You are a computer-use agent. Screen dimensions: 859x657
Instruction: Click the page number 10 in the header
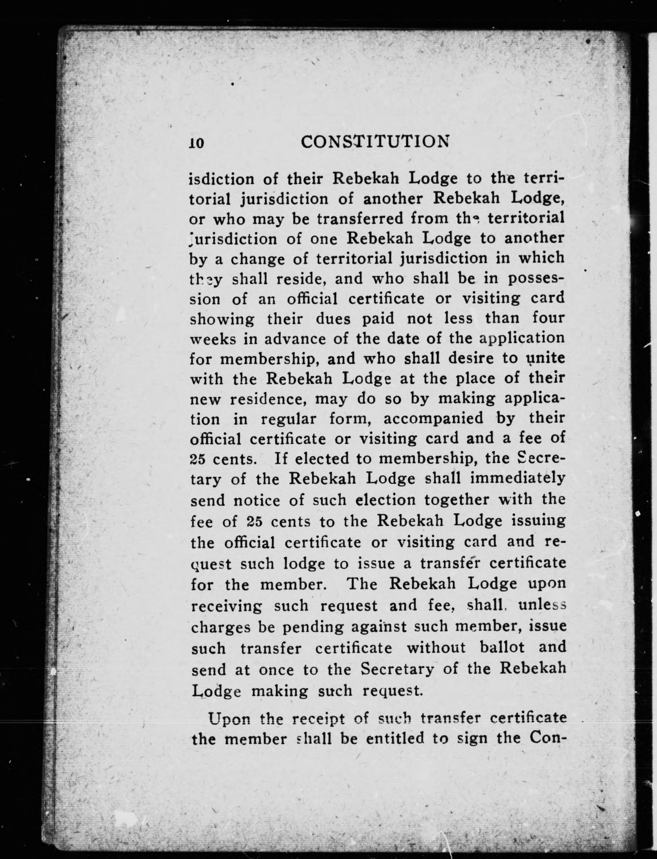[x=196, y=142]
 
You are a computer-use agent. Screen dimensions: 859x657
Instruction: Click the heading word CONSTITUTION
[x=375, y=142]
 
